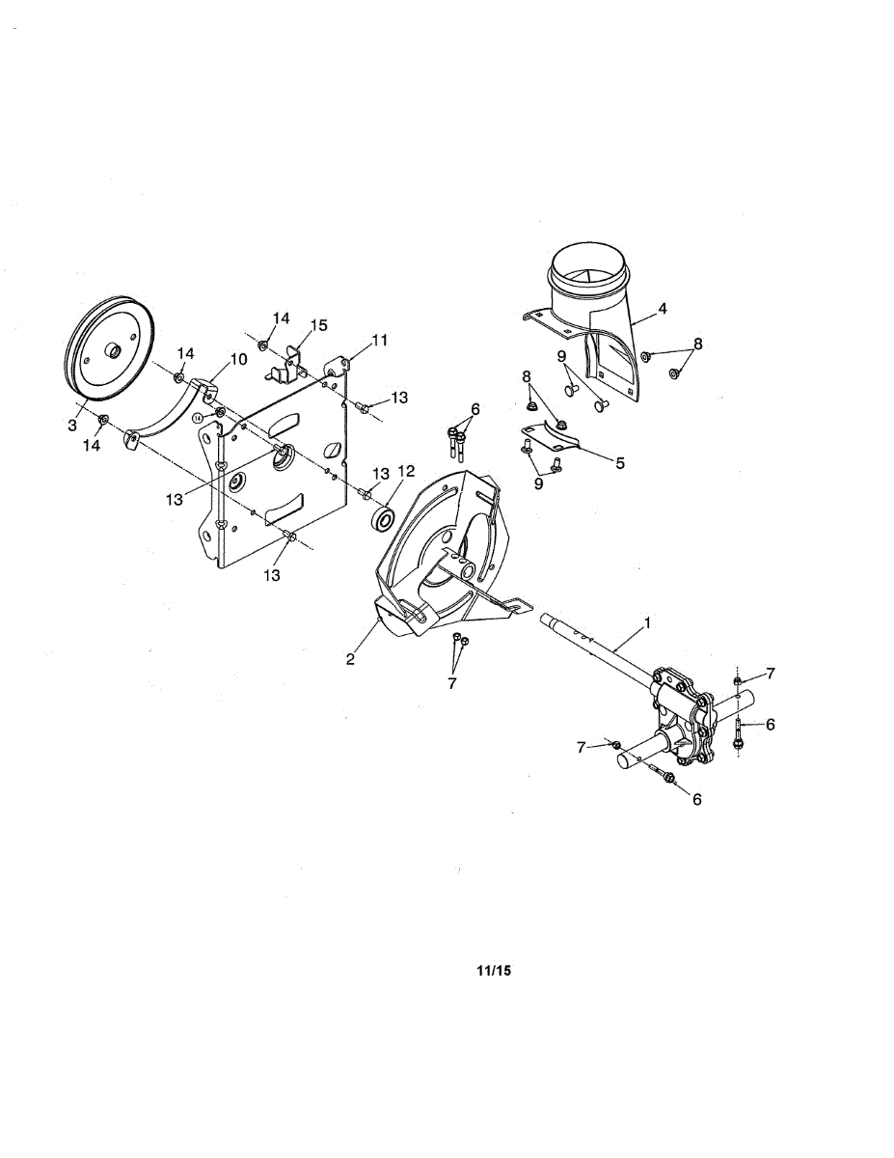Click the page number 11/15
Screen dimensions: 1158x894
coord(493,971)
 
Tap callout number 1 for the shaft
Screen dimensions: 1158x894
coord(647,623)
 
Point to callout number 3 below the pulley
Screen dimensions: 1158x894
coord(663,309)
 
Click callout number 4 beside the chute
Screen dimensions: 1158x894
coord(619,463)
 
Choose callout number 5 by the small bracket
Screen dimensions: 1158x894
coord(238,359)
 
